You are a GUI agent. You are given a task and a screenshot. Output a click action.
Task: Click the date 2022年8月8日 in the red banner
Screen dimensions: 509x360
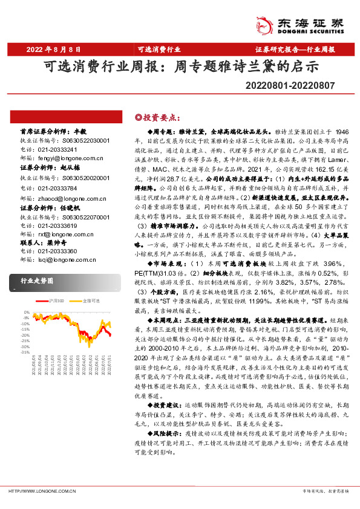pyautogui.click(x=53, y=49)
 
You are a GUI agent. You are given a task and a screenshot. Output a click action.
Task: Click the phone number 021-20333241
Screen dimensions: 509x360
pyautogui.click(x=58, y=149)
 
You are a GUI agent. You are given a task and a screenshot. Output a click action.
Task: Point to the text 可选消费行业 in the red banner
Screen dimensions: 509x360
pyautogui.click(x=159, y=49)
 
